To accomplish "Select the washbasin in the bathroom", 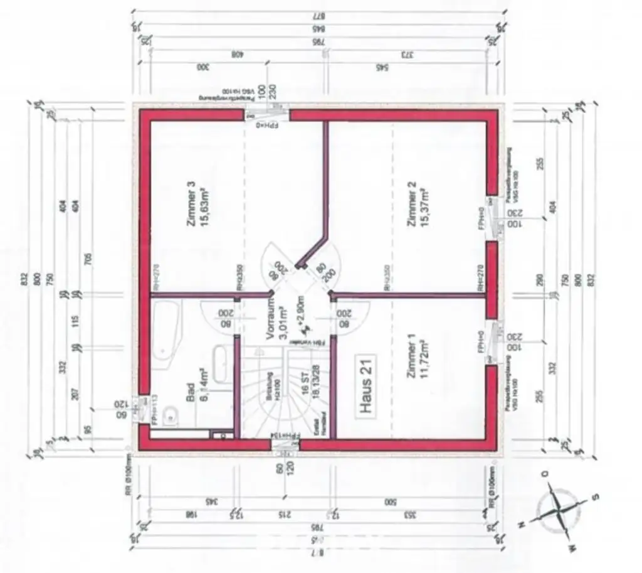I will (x=221, y=364).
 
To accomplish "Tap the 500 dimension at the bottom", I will (x=392, y=502).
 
